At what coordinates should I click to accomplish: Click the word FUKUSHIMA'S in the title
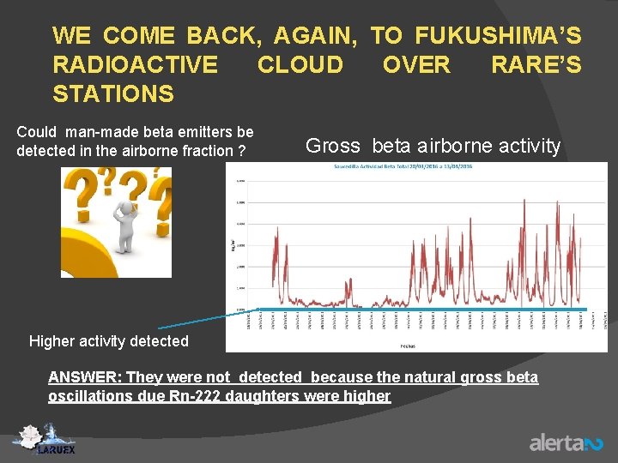(498, 36)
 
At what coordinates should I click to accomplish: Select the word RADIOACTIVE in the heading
(135, 64)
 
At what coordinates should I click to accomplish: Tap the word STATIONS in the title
(112, 93)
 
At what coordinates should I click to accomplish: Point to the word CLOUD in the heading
(300, 64)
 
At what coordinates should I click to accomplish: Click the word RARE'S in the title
(536, 64)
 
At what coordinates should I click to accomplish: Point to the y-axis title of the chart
(231, 245)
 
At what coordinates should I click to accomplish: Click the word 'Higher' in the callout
(51, 341)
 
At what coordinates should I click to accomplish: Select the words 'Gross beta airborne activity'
(433, 146)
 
